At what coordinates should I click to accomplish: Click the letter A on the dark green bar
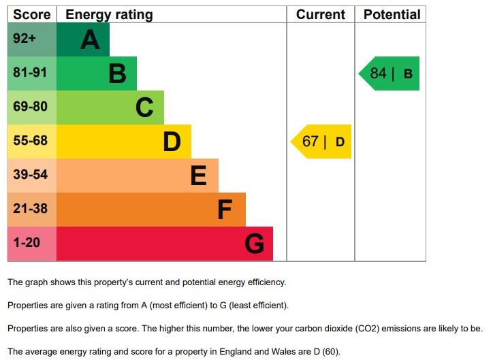(90, 40)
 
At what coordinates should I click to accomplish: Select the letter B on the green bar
(117, 73)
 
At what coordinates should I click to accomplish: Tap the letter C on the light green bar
(144, 108)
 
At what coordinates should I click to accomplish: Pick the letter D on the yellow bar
(172, 142)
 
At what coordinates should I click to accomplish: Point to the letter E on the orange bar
(198, 176)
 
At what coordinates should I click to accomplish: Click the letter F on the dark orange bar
(225, 210)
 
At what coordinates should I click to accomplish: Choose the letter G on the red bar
(254, 244)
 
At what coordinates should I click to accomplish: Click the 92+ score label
(25, 39)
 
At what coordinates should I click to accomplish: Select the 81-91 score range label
(30, 73)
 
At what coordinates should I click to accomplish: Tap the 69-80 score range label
(30, 107)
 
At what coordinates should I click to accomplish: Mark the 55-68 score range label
(30, 141)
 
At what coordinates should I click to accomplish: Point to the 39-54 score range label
(30, 175)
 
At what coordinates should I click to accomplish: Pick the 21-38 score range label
(30, 209)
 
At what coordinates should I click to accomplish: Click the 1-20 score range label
(27, 243)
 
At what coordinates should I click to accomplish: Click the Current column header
(321, 14)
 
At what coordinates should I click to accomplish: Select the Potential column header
(392, 14)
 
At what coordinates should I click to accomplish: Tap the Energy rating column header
(109, 14)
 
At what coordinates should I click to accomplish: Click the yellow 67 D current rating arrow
(322, 142)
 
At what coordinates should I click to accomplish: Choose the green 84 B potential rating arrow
(390, 73)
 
